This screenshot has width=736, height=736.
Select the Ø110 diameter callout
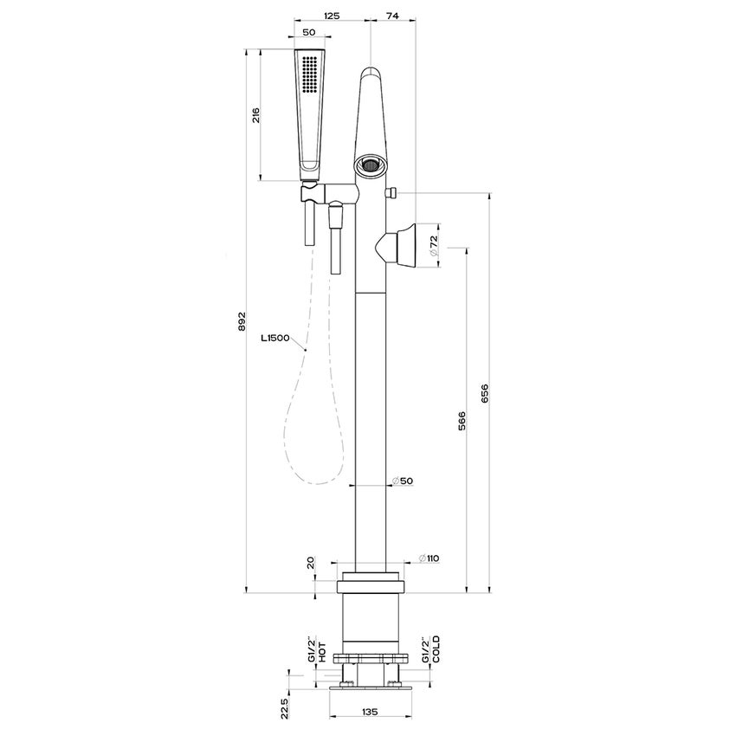coord(429,558)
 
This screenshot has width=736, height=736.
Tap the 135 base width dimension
coord(371,713)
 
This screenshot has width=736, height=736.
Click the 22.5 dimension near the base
coord(283,707)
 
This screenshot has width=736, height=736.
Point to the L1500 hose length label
coord(276,339)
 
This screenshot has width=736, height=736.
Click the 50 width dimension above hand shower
coord(309,32)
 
